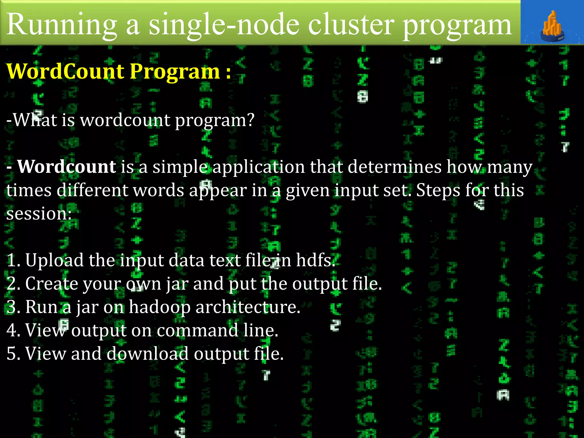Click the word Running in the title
[62, 25]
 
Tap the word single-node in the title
[224, 25]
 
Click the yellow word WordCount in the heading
[65, 71]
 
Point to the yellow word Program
[175, 72]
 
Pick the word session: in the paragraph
[39, 214]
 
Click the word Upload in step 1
[54, 260]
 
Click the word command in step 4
[197, 330]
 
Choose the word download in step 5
[147, 354]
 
